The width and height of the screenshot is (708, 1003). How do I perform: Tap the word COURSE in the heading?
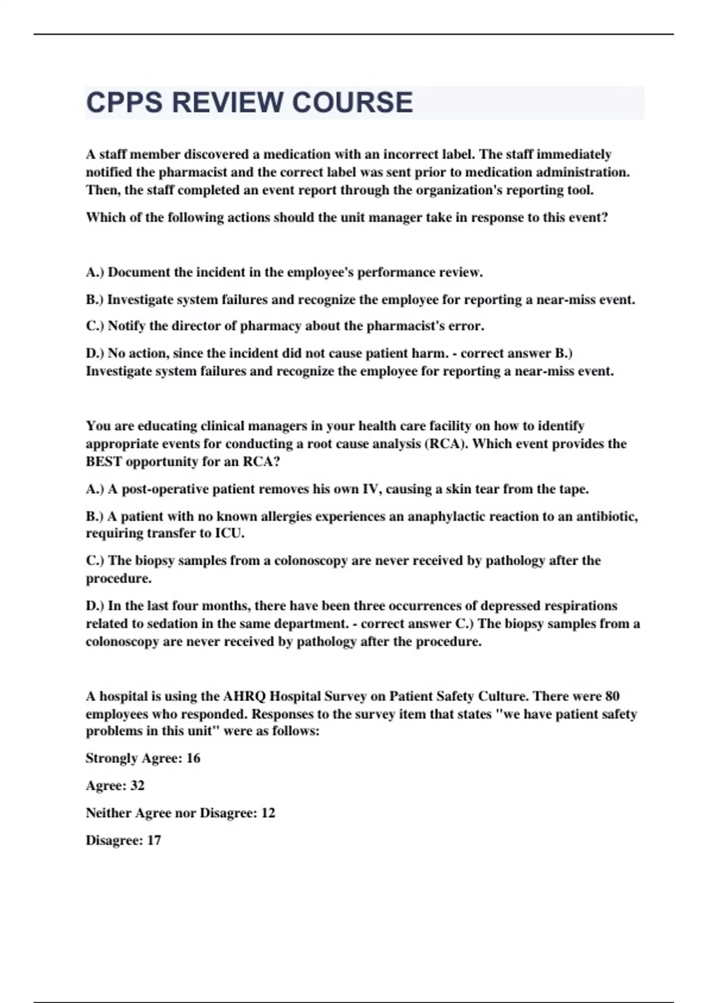[x=352, y=103]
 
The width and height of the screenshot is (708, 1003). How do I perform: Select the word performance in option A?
[x=396, y=273]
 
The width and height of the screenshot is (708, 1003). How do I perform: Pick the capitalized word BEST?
[x=104, y=462]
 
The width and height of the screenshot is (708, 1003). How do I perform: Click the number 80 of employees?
[x=612, y=696]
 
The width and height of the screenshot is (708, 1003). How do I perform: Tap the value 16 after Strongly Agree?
[x=193, y=759]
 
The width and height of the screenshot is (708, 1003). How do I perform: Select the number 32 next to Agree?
[x=137, y=786]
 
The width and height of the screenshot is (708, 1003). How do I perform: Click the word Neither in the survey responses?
[x=108, y=813]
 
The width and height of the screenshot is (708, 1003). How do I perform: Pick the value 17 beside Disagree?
[x=153, y=841]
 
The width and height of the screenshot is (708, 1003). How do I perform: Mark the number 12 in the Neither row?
[x=268, y=813]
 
